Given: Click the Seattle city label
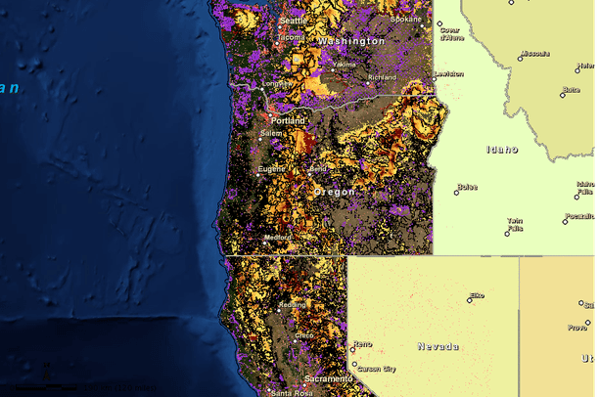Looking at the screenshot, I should tap(292, 21).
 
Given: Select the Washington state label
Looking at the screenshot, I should tap(350, 42).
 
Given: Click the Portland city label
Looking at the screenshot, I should tap(288, 120).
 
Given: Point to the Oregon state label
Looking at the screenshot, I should tap(334, 193).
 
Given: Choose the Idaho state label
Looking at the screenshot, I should tap(502, 150).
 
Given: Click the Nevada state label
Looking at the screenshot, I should tap(438, 346).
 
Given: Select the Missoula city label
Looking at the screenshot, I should tap(534, 54).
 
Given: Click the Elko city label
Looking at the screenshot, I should tap(478, 294).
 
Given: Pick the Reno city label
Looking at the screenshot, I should tap(362, 344).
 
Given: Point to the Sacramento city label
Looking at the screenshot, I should tap(328, 378).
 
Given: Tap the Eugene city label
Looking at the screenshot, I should tap(271, 169).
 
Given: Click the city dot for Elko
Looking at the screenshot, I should tap(469, 300).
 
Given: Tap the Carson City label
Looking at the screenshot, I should tap(376, 369).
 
